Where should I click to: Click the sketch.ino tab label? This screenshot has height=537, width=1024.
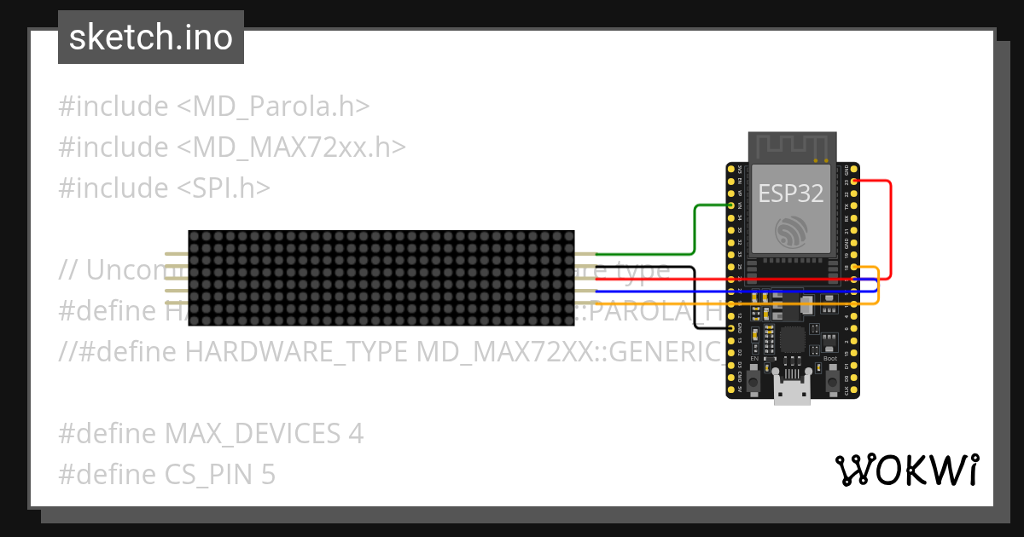tap(150, 38)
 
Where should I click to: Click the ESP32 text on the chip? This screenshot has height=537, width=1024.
tap(791, 193)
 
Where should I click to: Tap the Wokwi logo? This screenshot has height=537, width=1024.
tap(905, 469)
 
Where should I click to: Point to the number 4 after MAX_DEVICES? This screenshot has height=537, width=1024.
tap(356, 434)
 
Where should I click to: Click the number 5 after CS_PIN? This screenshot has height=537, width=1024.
tap(268, 474)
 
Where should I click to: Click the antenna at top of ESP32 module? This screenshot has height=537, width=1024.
tap(792, 147)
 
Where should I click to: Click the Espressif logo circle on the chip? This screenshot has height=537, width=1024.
tap(791, 232)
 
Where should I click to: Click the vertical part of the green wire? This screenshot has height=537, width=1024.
tap(695, 230)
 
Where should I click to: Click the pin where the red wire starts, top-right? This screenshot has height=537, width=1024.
tap(853, 181)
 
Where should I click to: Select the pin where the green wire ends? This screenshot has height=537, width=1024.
tap(731, 205)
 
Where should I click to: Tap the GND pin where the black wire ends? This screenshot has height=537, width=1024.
tap(731, 327)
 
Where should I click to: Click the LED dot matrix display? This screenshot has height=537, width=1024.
tap(381, 278)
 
